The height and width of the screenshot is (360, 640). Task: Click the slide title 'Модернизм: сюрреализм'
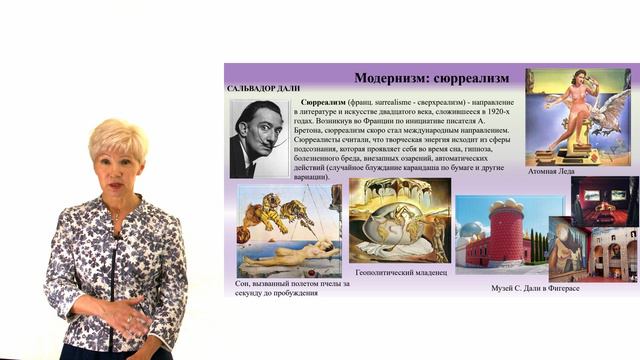(431, 77)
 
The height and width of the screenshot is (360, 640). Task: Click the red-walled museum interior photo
(605, 200)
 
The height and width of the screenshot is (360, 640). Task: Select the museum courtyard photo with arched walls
(612, 254)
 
